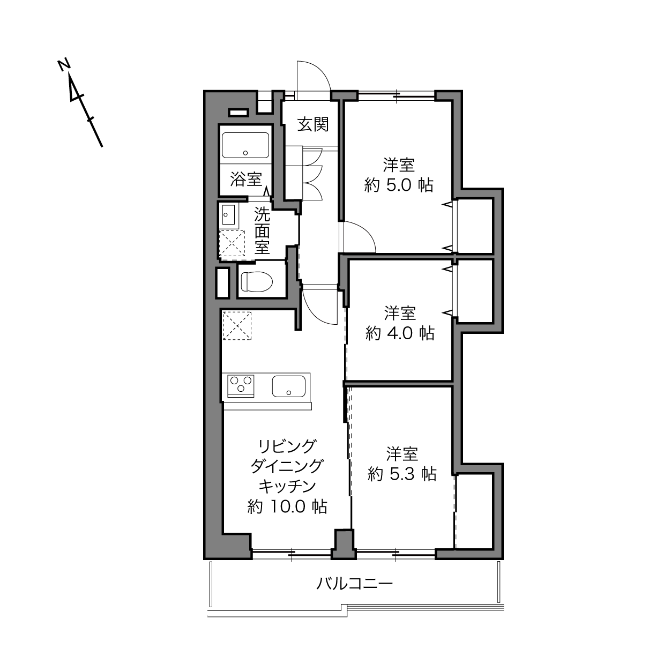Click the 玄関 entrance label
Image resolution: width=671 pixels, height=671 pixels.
pyautogui.click(x=312, y=124)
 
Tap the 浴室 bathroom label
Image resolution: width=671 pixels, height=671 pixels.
pyautogui.click(x=246, y=179)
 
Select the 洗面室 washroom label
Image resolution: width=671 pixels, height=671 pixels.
pyautogui.click(x=262, y=231)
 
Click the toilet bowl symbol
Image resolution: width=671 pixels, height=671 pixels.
pyautogui.click(x=257, y=282)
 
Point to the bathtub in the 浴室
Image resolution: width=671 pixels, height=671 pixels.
pyautogui.click(x=245, y=145)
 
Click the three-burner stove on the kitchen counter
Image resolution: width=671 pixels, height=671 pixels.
pyautogui.click(x=241, y=386)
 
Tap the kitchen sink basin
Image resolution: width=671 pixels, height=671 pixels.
pyautogui.click(x=289, y=386)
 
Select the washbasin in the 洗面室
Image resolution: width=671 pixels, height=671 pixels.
pyautogui.click(x=228, y=214)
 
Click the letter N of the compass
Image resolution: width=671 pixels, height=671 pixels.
pyautogui.click(x=64, y=65)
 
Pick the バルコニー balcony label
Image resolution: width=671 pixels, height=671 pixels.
pyautogui.click(x=354, y=583)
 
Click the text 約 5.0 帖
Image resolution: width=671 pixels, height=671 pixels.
pyautogui.click(x=399, y=185)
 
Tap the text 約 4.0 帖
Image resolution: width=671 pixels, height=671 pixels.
pyautogui.click(x=400, y=333)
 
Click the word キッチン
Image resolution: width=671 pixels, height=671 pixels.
pyautogui.click(x=287, y=487)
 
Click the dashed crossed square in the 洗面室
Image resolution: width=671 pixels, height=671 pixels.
pyautogui.click(x=232, y=245)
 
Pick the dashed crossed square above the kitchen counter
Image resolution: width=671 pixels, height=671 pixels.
pyautogui.click(x=237, y=325)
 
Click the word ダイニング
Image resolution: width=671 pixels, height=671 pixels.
pyautogui.click(x=287, y=466)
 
